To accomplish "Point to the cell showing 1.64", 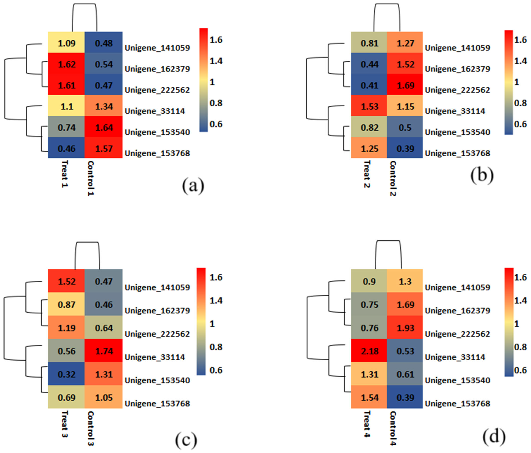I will coord(104,127).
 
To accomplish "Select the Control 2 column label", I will coord(393,179).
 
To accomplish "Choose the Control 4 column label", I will coord(393,428).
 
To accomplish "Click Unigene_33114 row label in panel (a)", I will coord(155,111).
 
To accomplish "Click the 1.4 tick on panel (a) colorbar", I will coord(216,61).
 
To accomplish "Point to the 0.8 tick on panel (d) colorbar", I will coord(520,347).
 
